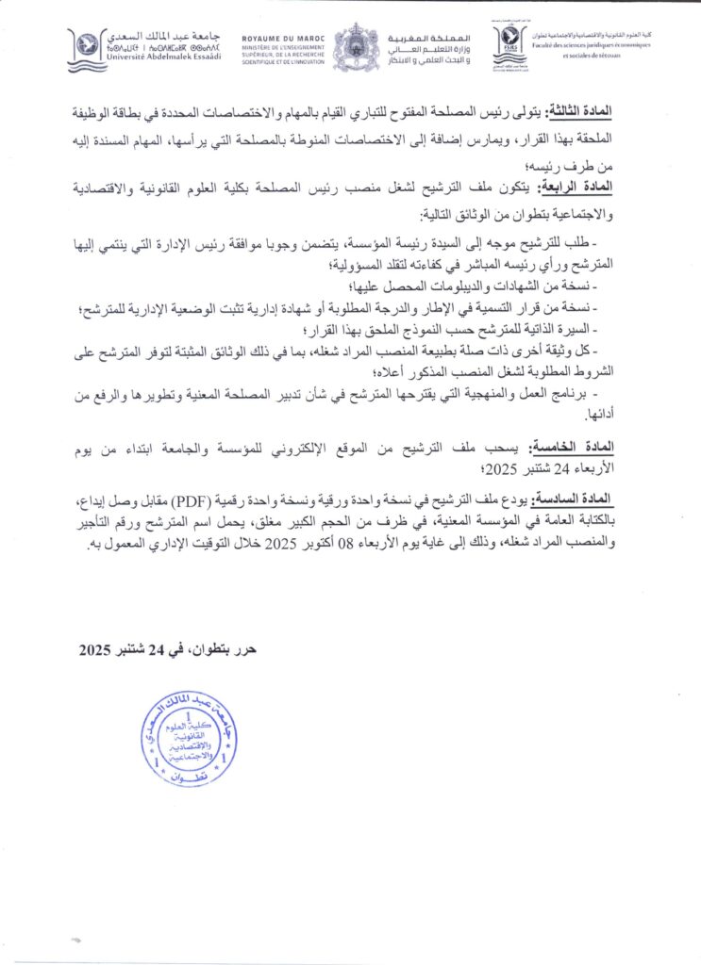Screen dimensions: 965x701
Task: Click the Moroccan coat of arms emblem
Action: tap(356, 47)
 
